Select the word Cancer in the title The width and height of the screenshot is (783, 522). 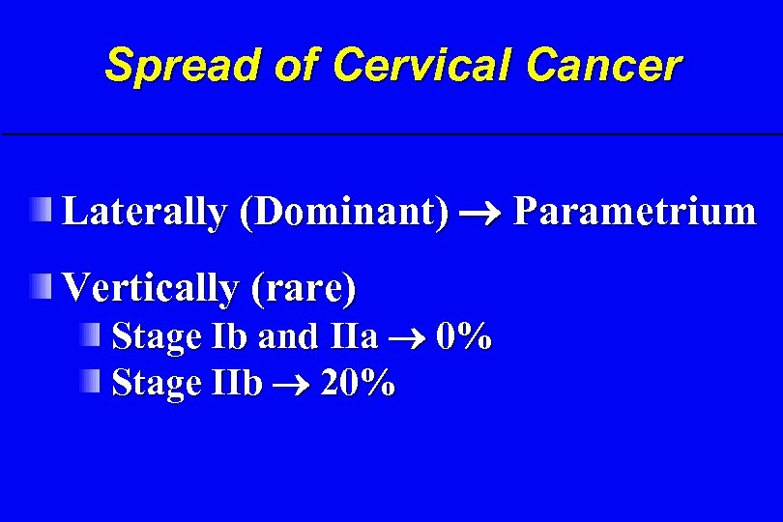[604, 66]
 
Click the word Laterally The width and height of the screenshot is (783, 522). [142, 212]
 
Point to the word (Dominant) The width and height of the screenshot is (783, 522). [345, 212]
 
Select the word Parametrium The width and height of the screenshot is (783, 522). [634, 212]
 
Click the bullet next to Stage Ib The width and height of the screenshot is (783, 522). [90, 335]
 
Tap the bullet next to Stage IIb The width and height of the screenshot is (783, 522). [90, 382]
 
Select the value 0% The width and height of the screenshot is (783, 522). [464, 337]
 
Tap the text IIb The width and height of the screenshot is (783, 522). [237, 384]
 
